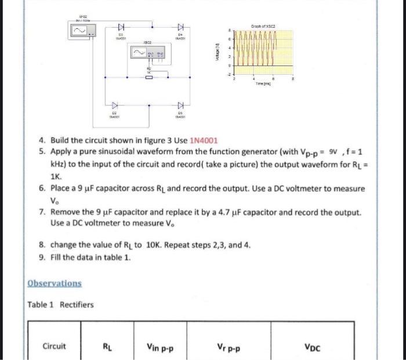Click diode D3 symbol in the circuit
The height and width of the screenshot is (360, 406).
[121, 26]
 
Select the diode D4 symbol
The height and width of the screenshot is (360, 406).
[180, 27]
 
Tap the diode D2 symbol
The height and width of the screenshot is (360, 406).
[114, 106]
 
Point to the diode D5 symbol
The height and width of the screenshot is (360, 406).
[180, 106]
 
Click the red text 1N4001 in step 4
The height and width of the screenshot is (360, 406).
[202, 140]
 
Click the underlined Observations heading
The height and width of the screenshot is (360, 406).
[55, 283]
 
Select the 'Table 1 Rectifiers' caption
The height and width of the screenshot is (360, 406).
[60, 304]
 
